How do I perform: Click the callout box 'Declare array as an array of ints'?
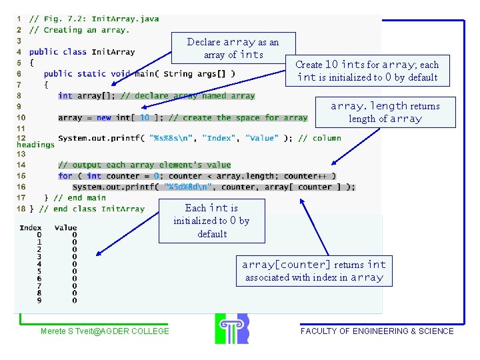[x=233, y=48]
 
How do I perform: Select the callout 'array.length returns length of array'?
[x=385, y=112]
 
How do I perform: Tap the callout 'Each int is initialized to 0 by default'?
[x=211, y=221]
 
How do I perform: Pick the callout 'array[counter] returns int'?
[x=314, y=271]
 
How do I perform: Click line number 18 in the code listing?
[x=21, y=209]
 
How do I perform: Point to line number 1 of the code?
[x=19, y=19]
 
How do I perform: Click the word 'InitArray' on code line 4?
[x=113, y=51]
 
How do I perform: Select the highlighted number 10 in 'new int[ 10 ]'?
[x=144, y=117]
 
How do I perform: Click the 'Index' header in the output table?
[x=31, y=227]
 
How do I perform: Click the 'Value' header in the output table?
[x=65, y=227]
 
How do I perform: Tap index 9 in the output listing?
[x=39, y=300]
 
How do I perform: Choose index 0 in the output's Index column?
[x=39, y=235]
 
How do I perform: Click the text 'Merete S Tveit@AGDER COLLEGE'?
[x=105, y=331]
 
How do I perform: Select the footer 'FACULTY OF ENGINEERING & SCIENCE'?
[x=377, y=331]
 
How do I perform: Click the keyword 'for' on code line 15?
[x=65, y=176]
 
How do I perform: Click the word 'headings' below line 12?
[x=35, y=145]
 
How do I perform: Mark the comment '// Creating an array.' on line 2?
[x=79, y=30]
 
